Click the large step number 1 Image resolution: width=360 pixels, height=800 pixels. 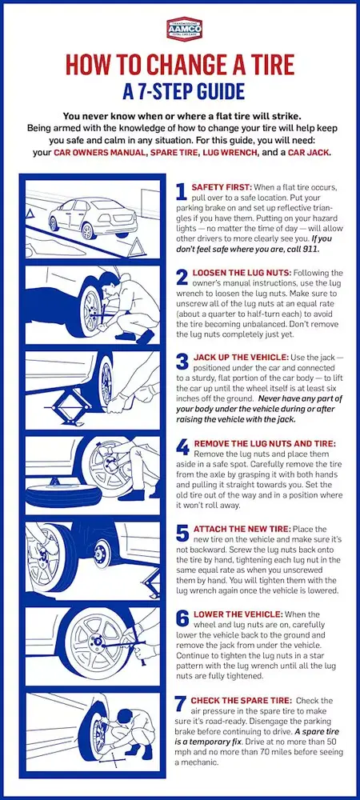click(x=181, y=193)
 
